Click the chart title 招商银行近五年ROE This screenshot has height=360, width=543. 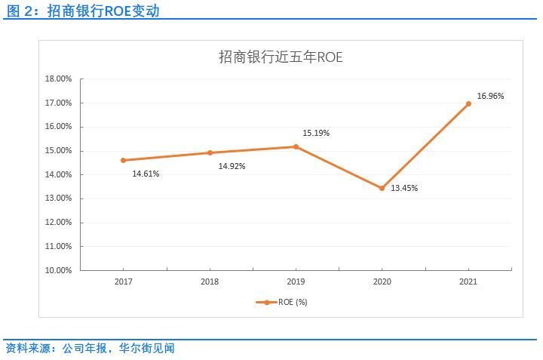(281, 57)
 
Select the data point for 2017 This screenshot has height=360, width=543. (124, 160)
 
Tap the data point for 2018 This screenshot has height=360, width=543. (210, 152)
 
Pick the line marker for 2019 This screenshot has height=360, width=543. (296, 146)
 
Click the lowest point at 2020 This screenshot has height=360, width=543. (382, 188)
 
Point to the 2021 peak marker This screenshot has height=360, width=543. (468, 103)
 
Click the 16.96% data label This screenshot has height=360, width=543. (490, 96)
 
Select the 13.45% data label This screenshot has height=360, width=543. (404, 188)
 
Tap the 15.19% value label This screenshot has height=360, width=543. (316, 133)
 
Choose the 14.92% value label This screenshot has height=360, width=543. (232, 166)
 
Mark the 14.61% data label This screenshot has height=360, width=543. (146, 174)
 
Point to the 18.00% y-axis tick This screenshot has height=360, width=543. (59, 78)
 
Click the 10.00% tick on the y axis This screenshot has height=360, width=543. (59, 270)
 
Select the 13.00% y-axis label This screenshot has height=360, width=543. (59, 198)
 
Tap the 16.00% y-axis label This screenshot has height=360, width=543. (59, 127)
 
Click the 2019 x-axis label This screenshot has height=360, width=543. (296, 281)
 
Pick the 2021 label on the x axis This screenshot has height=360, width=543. (468, 281)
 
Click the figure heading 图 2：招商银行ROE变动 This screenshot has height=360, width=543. (82, 12)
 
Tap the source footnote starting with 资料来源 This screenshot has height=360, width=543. (90, 349)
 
